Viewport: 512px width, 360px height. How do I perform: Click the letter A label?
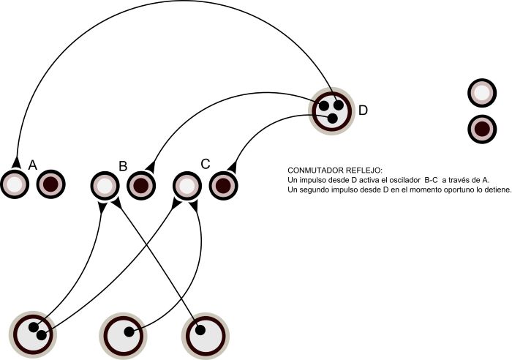(33, 165)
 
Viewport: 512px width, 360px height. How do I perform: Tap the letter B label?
(123, 165)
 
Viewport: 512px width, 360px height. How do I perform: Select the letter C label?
(206, 165)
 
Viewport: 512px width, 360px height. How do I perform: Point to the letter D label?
(363, 110)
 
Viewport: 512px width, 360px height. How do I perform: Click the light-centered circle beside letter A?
(14, 184)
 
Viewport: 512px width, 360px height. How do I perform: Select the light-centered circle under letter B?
(105, 186)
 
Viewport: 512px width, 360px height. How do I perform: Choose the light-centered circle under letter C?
(187, 186)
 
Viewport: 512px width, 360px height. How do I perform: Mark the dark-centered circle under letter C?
(223, 186)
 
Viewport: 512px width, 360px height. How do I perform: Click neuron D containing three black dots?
(332, 111)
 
